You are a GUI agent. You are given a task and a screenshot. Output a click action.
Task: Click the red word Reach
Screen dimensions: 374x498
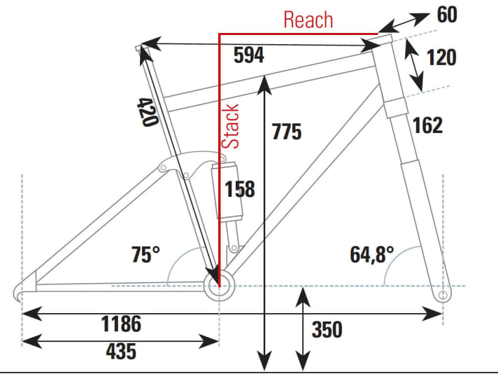[308, 19]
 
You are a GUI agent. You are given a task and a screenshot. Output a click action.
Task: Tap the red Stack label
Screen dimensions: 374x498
[232, 126]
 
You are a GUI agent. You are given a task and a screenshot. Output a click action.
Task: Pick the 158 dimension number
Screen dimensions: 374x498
[240, 189]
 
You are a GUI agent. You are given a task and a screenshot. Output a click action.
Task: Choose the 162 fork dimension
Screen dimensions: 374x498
[427, 125]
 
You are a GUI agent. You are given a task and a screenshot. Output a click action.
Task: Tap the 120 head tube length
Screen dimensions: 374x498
[441, 57]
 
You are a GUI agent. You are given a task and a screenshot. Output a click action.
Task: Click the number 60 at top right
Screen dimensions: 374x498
[448, 15]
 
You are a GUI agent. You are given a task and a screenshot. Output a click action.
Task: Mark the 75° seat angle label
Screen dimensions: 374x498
[146, 254]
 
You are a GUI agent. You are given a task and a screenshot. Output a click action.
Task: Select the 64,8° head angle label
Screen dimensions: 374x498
[372, 254]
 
